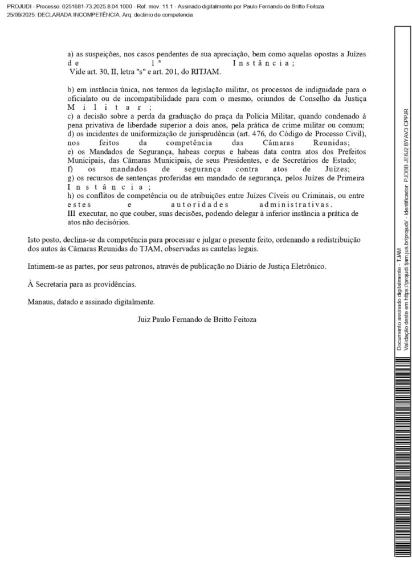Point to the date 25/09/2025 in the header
click(18, 14)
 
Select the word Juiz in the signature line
click(145, 320)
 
